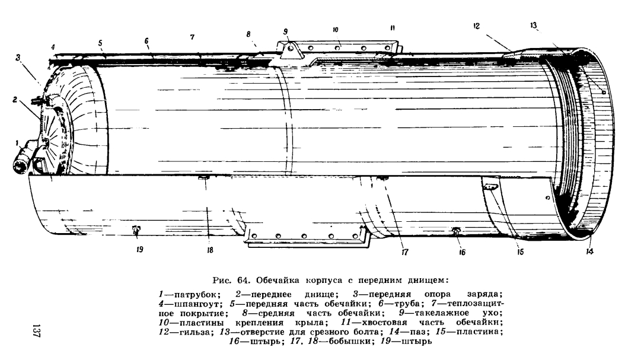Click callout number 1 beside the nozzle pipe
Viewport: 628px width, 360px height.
coord(17,142)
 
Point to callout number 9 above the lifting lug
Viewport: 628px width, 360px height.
coord(285,31)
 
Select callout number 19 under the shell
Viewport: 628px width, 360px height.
coord(139,250)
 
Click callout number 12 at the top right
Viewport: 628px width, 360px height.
coord(476,26)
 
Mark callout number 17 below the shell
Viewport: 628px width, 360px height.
coord(404,252)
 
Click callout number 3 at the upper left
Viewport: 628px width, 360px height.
coord(18,58)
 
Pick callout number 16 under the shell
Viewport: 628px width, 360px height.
coord(462,252)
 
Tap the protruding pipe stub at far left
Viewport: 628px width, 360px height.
coord(23,158)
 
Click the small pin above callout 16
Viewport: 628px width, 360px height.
coord(456,230)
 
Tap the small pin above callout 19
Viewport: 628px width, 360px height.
coord(136,229)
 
